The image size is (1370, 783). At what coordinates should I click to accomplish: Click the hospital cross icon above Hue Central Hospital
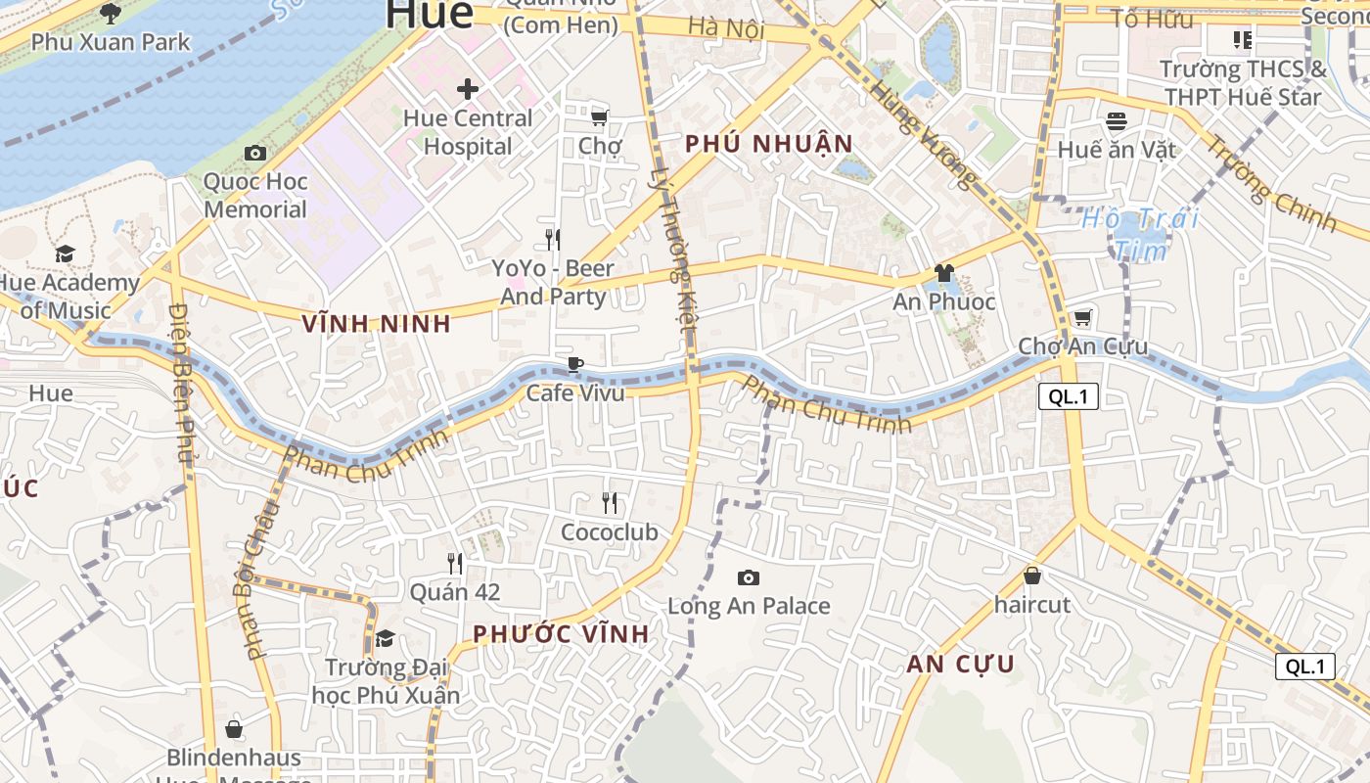coord(468,89)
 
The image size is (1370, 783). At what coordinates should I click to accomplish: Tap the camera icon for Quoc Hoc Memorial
coord(255,153)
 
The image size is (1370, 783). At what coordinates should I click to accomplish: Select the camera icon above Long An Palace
coord(749,577)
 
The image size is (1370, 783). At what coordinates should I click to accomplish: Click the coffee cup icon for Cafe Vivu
coord(575,365)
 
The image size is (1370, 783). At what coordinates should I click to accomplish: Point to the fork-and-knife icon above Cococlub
coord(610,503)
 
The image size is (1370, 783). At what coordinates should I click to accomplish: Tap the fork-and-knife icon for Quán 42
coord(455,563)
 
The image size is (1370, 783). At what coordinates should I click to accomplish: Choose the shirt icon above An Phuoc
coord(943,273)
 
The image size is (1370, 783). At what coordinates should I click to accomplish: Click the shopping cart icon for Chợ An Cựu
coord(1082,317)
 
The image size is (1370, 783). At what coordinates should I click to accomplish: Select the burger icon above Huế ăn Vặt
coord(1117,121)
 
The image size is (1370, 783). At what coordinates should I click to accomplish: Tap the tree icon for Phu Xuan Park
coord(111,14)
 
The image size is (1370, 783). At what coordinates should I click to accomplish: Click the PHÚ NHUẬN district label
coord(769,144)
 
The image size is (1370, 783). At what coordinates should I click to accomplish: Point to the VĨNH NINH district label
coord(377,324)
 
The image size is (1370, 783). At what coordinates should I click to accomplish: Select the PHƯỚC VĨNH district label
coord(561,634)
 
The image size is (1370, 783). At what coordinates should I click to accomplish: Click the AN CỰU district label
coord(960,665)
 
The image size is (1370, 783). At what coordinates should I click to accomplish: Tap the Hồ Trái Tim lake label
coord(1140,234)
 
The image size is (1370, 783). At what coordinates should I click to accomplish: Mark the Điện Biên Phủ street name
coord(180,382)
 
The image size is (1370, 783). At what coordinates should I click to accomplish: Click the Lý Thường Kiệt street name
coord(674,250)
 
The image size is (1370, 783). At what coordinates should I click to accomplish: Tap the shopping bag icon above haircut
coord(1031,576)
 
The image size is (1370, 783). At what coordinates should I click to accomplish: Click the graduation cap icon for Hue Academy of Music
coord(65,254)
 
